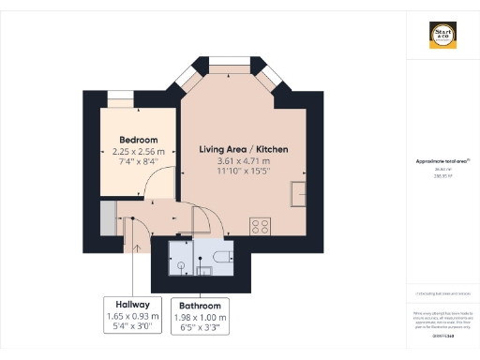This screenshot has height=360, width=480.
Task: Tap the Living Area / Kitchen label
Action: coord(243,149)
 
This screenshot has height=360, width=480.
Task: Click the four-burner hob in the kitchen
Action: coord(260,226)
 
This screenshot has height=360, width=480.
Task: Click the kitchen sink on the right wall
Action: coord(299,193)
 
